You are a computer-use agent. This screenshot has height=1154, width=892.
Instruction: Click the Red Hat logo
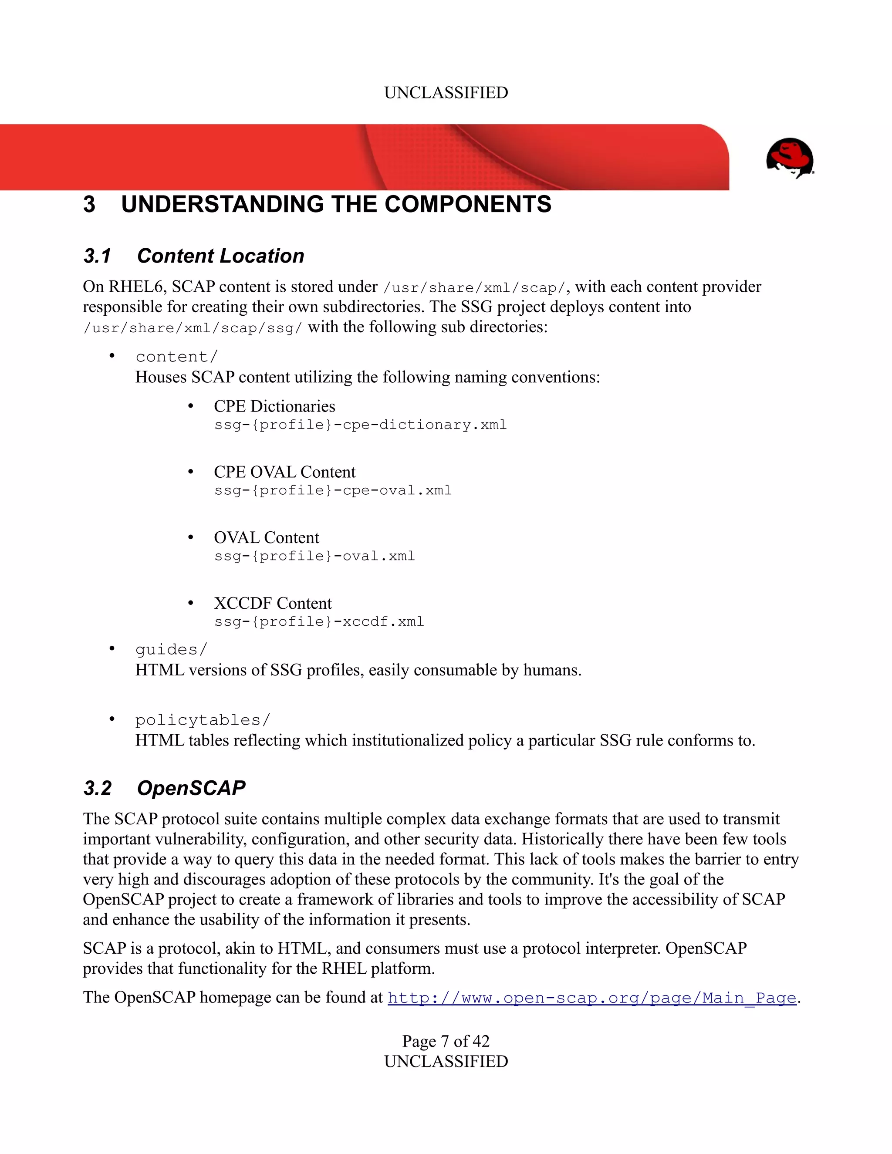click(x=790, y=158)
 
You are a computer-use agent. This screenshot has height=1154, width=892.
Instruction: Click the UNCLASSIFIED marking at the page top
click(x=446, y=92)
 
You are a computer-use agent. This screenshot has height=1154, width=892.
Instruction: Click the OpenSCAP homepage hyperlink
click(x=591, y=998)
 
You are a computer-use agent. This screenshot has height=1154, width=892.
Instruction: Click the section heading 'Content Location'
click(x=220, y=256)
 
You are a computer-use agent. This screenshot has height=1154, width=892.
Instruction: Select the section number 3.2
click(x=97, y=788)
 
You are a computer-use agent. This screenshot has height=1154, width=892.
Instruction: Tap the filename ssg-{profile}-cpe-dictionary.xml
click(x=360, y=425)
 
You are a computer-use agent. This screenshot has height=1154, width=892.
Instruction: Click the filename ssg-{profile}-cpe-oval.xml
click(x=332, y=490)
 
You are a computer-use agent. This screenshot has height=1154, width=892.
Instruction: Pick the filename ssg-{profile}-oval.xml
click(x=314, y=556)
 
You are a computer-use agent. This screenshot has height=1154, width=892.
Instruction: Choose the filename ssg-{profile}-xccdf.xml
click(x=319, y=621)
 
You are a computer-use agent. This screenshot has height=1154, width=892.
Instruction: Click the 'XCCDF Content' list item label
click(x=273, y=604)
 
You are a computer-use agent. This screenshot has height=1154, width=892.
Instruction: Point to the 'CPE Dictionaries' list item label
click(x=274, y=406)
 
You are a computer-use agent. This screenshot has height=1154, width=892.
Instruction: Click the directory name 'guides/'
click(x=171, y=649)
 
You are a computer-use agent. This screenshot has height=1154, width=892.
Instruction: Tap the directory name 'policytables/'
click(x=203, y=720)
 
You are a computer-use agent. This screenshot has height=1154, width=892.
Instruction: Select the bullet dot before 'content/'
click(x=112, y=356)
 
